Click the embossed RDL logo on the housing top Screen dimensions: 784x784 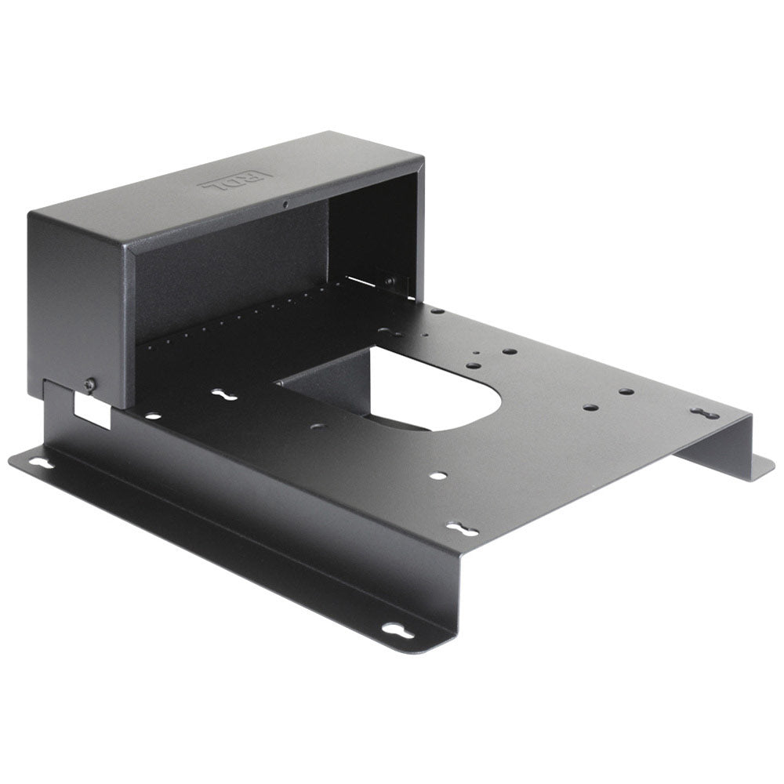click(x=235, y=182)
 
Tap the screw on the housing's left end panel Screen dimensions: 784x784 click(x=91, y=384)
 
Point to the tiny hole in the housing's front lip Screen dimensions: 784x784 click(x=286, y=205)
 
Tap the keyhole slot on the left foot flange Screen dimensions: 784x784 click(x=41, y=463)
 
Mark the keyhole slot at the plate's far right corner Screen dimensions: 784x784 click(x=704, y=412)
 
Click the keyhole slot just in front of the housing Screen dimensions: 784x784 click(x=224, y=395)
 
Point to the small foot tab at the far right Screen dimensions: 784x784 click(x=757, y=466)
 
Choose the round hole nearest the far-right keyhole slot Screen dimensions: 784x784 click(x=626, y=391)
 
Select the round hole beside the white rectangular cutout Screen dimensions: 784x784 click(x=151, y=416)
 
